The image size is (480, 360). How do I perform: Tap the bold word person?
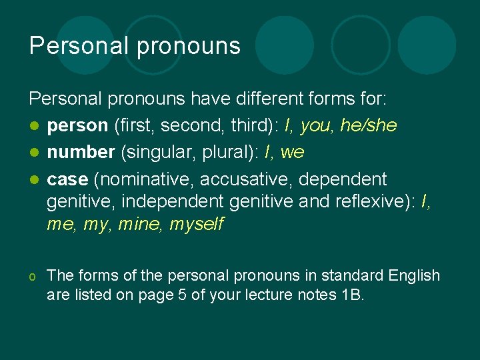[77, 126]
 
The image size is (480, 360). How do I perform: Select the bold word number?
[81, 153]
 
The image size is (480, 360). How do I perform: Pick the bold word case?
[67, 180]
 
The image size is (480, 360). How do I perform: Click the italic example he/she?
[368, 126]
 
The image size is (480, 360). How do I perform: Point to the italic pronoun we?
[292, 153]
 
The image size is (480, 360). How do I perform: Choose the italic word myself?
[197, 225]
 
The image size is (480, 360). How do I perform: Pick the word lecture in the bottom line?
[257, 295]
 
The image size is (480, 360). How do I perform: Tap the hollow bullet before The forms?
[33, 276]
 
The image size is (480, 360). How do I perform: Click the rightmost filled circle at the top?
[427, 45]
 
